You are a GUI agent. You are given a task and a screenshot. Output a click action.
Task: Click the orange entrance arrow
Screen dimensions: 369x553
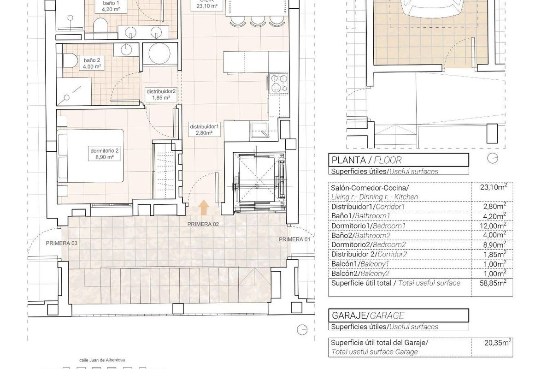tap(202, 208)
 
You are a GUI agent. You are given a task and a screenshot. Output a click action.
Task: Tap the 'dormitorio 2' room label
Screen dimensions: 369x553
tap(105, 154)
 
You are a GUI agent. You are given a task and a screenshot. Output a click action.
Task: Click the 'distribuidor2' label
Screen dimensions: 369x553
tap(161, 95)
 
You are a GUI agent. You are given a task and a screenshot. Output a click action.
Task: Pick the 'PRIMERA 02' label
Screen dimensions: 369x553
tap(203, 224)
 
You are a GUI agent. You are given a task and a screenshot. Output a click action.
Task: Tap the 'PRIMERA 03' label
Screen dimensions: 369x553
tap(62, 243)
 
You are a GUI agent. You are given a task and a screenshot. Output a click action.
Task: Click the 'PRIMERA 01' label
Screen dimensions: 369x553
tap(295, 239)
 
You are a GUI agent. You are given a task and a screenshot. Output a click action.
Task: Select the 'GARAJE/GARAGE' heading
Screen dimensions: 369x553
tap(368, 315)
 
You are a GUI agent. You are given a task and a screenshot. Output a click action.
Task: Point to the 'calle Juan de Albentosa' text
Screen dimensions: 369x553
tap(102, 359)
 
